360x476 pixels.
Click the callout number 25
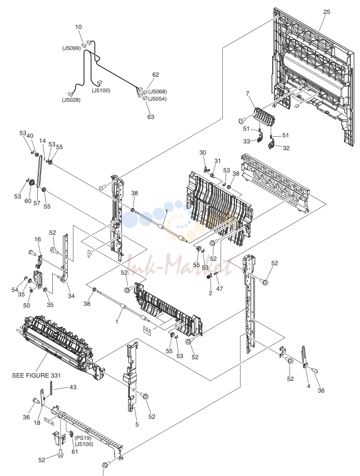[x=327, y=12]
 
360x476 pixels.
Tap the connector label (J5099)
[x=72, y=48]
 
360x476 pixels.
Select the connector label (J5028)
[x=71, y=100]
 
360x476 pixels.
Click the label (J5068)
[x=157, y=91]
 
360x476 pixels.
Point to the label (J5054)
[x=157, y=98]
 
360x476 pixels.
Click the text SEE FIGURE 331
[x=37, y=375]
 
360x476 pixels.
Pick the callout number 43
[x=73, y=388]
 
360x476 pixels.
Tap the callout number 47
[x=219, y=289]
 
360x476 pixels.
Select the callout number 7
[x=247, y=93]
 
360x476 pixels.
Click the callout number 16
[x=38, y=240]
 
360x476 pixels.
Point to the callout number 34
[x=71, y=296]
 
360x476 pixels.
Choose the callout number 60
[x=28, y=201]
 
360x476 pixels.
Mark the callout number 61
[x=74, y=452]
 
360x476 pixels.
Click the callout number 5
[x=137, y=424]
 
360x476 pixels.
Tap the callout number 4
[x=308, y=386]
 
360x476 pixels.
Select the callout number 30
[x=203, y=153]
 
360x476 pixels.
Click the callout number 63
[x=151, y=117]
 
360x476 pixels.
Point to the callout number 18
[x=37, y=423]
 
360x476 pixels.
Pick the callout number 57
[x=37, y=203]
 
